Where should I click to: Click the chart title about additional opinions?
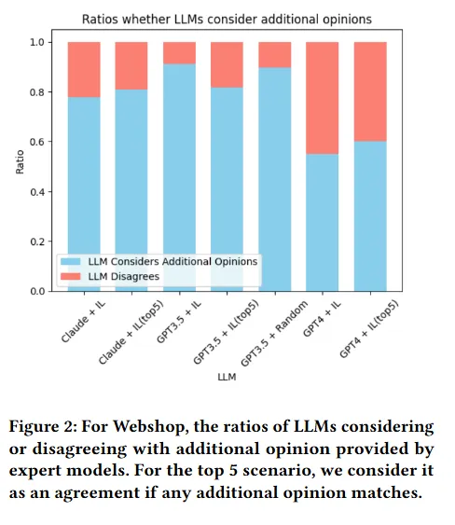pos(227,19)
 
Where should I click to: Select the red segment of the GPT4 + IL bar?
pos(322,98)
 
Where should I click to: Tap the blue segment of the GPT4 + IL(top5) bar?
pos(370,216)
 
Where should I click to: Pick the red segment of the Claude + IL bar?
pos(84,70)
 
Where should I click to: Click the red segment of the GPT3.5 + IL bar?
pos(179,53)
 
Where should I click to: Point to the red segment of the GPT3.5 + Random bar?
pos(275,55)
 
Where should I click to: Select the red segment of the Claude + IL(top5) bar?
pos(131,66)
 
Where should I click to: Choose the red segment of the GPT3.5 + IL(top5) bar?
pos(227,65)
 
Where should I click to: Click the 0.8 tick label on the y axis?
pos(37,92)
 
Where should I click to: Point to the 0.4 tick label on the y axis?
pos(37,192)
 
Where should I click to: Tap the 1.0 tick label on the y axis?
pos(37,42)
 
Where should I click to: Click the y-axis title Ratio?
pos(21,162)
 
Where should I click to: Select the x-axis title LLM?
pos(227,377)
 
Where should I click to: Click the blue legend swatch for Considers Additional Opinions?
pos(71,261)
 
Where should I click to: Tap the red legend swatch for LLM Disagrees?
pos(71,276)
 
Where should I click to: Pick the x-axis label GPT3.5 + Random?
pos(274,334)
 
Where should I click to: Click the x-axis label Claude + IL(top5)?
pos(131,332)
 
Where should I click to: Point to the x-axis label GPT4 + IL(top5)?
pos(369,329)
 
